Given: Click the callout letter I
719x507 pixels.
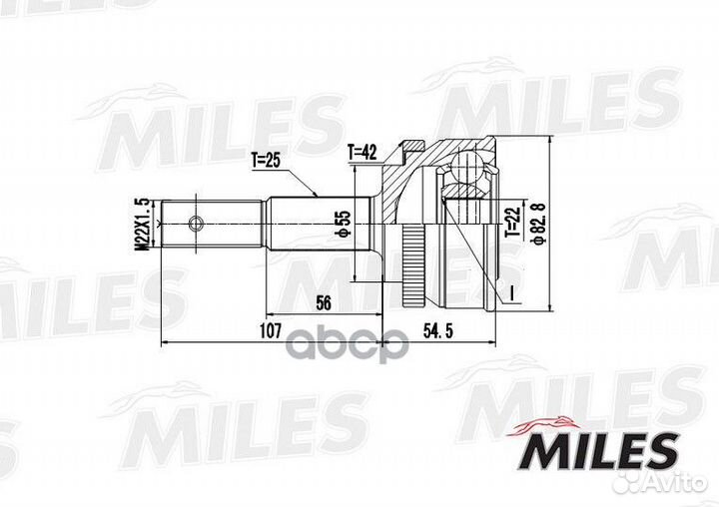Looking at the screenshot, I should [509, 292].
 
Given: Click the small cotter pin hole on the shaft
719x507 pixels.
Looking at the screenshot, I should [197, 221].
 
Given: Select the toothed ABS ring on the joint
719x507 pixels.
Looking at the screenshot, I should [411, 265].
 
